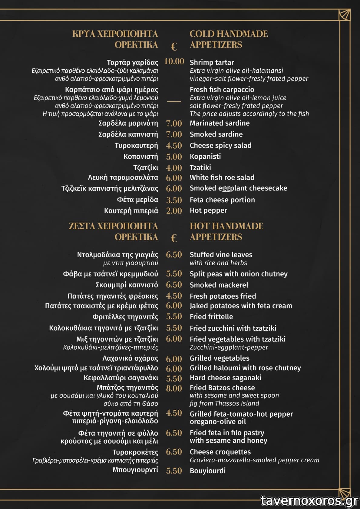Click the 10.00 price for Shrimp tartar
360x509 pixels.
click(x=174, y=61)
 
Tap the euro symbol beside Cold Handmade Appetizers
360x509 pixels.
click(x=174, y=47)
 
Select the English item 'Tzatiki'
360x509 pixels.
click(x=200, y=168)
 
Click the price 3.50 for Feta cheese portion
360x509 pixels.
click(x=174, y=200)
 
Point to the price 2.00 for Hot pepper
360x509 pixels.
click(x=174, y=211)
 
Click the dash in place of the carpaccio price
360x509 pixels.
click(x=174, y=101)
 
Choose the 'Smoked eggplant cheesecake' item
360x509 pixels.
click(x=238, y=188)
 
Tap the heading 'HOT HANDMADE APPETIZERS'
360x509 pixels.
click(x=226, y=231)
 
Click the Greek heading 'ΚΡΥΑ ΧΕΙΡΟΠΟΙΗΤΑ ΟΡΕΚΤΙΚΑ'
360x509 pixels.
click(x=115, y=39)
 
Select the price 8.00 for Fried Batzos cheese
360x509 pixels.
click(x=174, y=388)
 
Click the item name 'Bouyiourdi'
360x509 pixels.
click(x=207, y=471)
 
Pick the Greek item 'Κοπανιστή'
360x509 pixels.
click(x=140, y=157)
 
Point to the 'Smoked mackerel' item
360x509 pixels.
click(x=219, y=285)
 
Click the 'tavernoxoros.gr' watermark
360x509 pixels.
click(x=309, y=501)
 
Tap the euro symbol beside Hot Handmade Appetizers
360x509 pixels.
click(x=174, y=238)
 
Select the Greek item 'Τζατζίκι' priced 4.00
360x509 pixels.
click(x=145, y=168)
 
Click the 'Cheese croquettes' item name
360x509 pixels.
click(x=220, y=452)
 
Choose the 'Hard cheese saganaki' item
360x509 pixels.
click(x=225, y=378)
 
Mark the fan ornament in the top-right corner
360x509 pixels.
click(x=344, y=15)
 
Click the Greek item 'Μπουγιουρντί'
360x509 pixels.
click(x=135, y=470)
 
